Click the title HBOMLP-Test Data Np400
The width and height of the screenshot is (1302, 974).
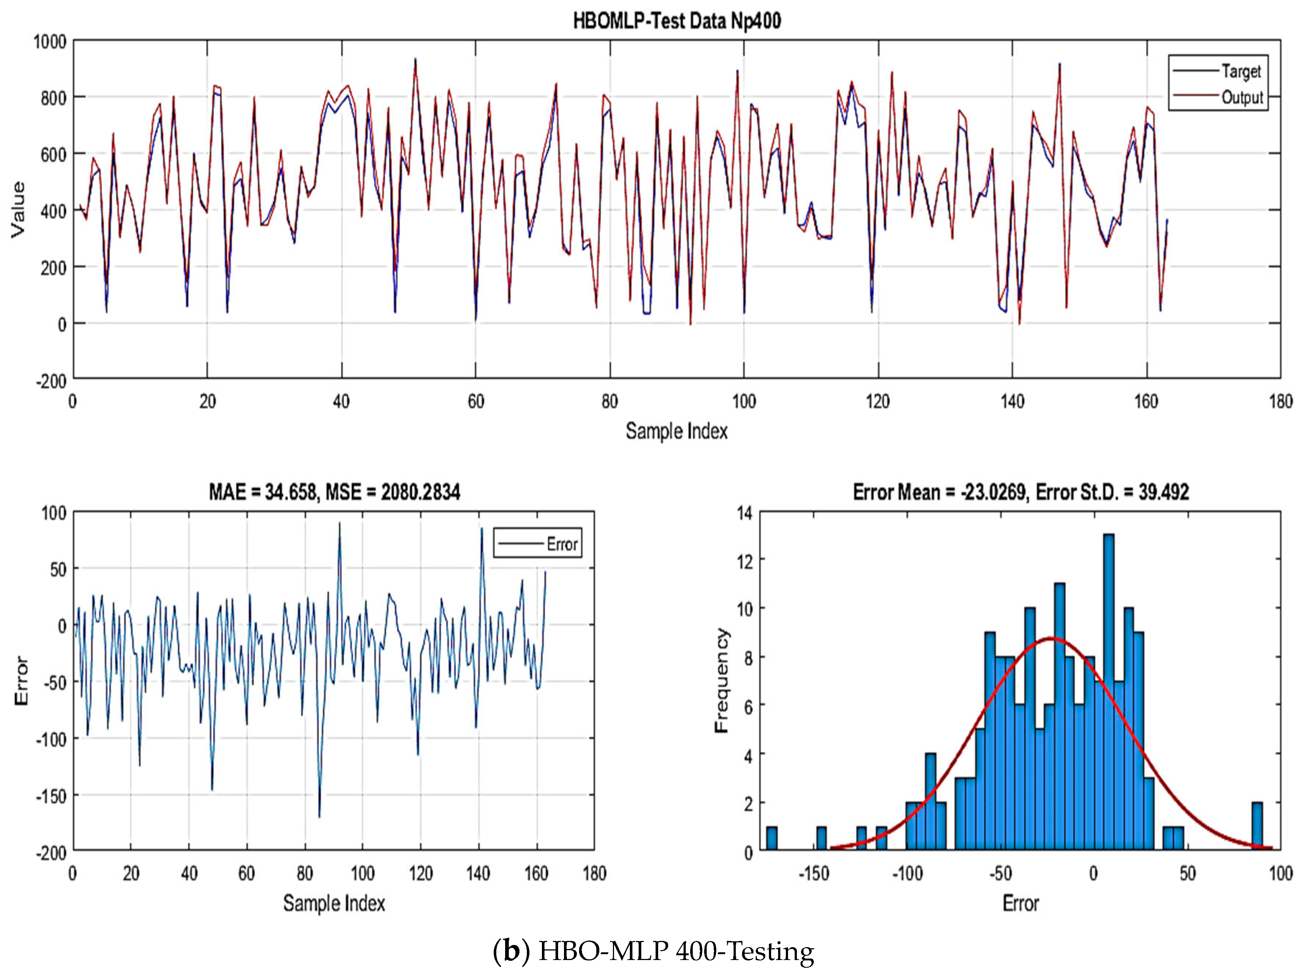(677, 22)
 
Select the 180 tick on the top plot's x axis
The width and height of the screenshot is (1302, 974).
(1280, 402)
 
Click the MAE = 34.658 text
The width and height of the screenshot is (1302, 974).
(262, 492)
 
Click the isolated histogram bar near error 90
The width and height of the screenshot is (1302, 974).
(1257, 826)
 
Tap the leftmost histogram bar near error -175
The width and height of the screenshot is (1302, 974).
(771, 838)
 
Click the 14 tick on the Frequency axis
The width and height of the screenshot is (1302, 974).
(745, 513)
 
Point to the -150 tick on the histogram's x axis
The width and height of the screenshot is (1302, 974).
(813, 873)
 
